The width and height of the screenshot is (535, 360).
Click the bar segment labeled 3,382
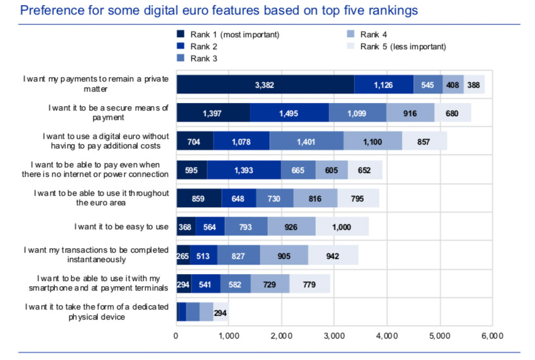(265, 84)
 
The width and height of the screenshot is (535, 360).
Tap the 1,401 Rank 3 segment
(306, 141)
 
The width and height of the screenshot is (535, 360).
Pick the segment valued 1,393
(244, 170)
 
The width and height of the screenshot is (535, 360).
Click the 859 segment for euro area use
(199, 198)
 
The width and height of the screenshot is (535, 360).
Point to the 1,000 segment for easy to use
(342, 227)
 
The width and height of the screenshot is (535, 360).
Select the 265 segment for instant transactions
(183, 256)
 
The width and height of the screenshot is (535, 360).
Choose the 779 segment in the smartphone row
(310, 284)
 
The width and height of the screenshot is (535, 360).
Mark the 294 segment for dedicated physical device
(220, 313)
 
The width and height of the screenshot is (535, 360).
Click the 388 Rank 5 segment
(474, 84)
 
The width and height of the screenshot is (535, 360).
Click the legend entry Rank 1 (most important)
(234, 34)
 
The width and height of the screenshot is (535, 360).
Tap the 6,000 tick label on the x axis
(491, 335)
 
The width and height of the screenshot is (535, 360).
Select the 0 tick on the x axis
(176, 335)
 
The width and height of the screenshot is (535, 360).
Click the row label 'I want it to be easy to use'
(121, 226)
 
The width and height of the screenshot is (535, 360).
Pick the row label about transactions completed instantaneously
(96, 255)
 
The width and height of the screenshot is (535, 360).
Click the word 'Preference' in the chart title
(51, 11)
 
